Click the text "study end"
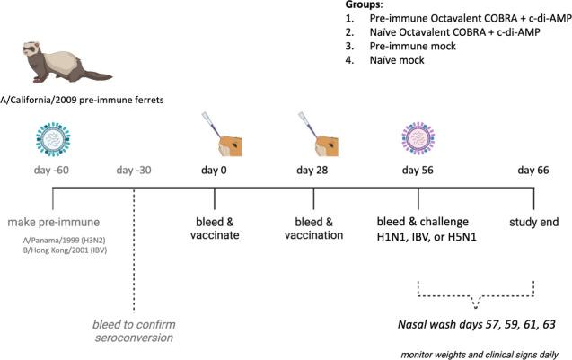[x=535, y=221]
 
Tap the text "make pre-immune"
[x=53, y=222]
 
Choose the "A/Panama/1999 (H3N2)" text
[x=56, y=240]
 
